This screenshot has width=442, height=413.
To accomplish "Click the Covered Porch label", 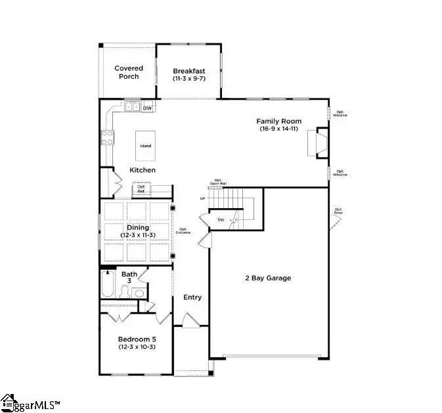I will [x=129, y=72].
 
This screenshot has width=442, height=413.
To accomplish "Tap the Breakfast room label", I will [x=189, y=74].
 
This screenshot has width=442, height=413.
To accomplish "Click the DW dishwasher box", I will [x=148, y=108].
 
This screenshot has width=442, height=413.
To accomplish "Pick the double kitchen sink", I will [x=132, y=108].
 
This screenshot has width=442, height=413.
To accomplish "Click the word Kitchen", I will [x=143, y=170].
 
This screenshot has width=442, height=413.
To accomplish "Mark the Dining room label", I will [x=138, y=231].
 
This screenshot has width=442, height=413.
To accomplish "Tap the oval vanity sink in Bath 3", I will [x=139, y=293].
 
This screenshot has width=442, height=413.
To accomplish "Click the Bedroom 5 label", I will [x=137, y=342].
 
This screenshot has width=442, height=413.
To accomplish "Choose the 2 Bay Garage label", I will [x=264, y=278].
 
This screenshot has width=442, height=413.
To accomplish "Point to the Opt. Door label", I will [x=339, y=211].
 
